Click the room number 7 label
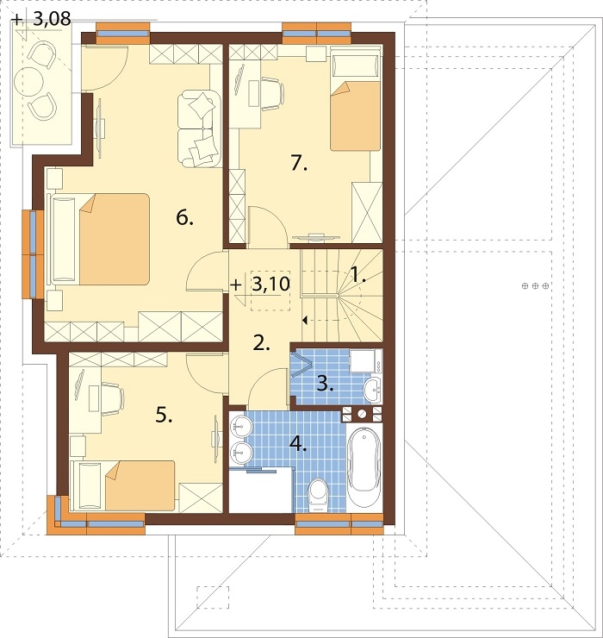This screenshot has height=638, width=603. click(299, 164)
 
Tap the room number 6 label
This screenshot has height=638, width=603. click(184, 218)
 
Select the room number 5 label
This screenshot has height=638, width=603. click(164, 416)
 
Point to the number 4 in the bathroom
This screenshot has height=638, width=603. click(298, 444)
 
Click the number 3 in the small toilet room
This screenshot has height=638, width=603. click(325, 384)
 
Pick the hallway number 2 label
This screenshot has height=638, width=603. click(261, 343)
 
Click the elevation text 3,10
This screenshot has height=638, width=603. click(270, 284)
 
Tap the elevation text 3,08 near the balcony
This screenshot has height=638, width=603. click(52, 19)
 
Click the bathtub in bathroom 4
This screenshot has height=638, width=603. click(364, 466)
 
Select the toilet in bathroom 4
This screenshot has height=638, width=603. click(318, 495)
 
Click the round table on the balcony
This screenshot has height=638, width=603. click(28, 81)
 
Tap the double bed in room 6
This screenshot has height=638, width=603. click(100, 239)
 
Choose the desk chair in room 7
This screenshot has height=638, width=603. click(272, 94)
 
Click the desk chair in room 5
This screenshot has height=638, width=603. click(112, 399)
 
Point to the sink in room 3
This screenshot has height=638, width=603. click(372, 390)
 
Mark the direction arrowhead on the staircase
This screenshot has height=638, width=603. click(305, 320)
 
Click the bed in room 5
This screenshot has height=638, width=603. click(123, 485)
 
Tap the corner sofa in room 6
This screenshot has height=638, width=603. click(199, 128)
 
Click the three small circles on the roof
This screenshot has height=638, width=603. click(535, 286)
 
